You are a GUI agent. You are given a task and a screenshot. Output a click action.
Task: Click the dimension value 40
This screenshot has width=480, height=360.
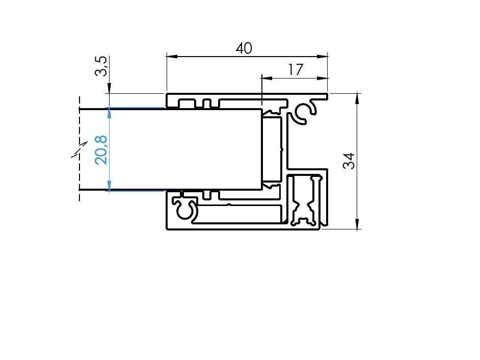244,48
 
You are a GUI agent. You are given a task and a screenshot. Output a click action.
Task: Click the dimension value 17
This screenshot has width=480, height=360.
296,69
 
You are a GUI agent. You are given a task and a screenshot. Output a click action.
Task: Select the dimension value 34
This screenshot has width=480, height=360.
349,161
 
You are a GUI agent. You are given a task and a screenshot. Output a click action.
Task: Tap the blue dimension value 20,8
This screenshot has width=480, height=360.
101,150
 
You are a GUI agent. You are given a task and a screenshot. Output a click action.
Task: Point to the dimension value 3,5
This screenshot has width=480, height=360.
101,66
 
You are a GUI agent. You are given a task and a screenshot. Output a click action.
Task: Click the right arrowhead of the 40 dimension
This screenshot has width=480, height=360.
323,57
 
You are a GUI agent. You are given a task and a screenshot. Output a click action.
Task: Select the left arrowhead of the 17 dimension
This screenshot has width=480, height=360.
267,78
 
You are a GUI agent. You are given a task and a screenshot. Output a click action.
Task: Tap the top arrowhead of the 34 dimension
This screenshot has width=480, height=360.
357,98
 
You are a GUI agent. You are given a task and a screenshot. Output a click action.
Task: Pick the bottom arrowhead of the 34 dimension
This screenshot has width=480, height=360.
357,223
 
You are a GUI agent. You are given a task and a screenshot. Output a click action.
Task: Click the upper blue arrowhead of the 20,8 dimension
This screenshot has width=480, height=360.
109,113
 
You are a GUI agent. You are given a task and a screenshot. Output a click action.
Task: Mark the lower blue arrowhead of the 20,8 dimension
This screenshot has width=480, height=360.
109,186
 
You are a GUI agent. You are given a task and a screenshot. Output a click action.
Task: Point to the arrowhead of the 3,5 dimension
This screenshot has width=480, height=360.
109,88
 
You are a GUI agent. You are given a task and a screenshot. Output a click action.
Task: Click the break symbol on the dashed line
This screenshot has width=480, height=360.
79,149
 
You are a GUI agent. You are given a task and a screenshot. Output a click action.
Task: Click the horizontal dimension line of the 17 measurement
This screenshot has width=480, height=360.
295,78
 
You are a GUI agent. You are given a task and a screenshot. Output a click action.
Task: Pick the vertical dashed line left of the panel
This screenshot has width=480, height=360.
79,149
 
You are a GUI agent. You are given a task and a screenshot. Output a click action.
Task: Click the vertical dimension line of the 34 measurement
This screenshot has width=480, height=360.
357,161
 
